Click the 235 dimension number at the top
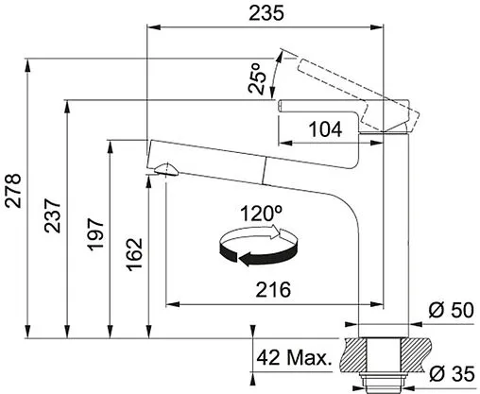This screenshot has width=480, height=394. [x=266, y=13]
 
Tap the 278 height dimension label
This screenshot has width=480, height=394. [x=13, y=191]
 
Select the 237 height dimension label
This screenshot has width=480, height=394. [x=52, y=215]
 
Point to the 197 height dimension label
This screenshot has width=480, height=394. [x=95, y=234]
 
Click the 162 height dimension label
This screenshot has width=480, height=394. [x=134, y=254]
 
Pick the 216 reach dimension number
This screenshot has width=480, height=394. [x=273, y=290]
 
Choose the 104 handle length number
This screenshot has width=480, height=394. [x=325, y=129]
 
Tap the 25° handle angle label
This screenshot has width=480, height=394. [x=258, y=78]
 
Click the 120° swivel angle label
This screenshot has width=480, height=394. [x=261, y=214]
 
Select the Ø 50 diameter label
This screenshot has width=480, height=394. [x=451, y=310]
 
